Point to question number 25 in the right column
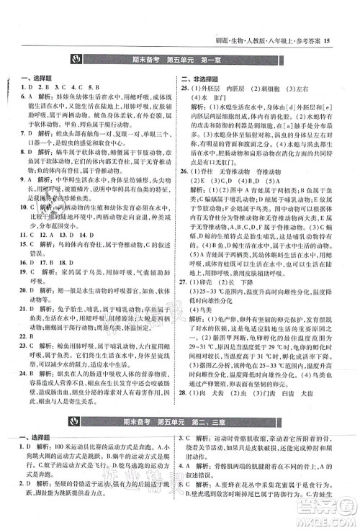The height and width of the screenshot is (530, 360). (x=186, y=89)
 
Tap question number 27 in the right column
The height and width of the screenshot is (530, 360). (x=186, y=303)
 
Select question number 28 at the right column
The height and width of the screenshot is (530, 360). (x=186, y=394)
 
